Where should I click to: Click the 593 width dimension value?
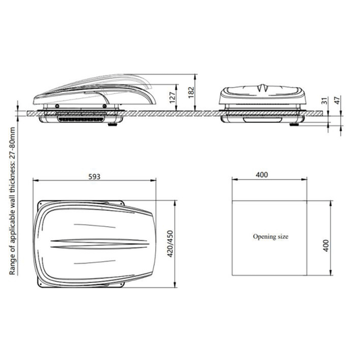[x=95, y=176]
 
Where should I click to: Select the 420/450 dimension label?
[x=170, y=244]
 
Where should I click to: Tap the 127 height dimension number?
[x=172, y=97]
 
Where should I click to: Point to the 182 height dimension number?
[x=191, y=93]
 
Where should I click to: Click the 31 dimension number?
[x=324, y=101]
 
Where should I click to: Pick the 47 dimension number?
[x=338, y=100]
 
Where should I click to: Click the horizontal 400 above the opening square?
[x=262, y=175]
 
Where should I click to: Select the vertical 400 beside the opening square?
[x=326, y=245]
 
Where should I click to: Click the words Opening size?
[x=270, y=236]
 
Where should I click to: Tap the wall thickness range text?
[x=12, y=201]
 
